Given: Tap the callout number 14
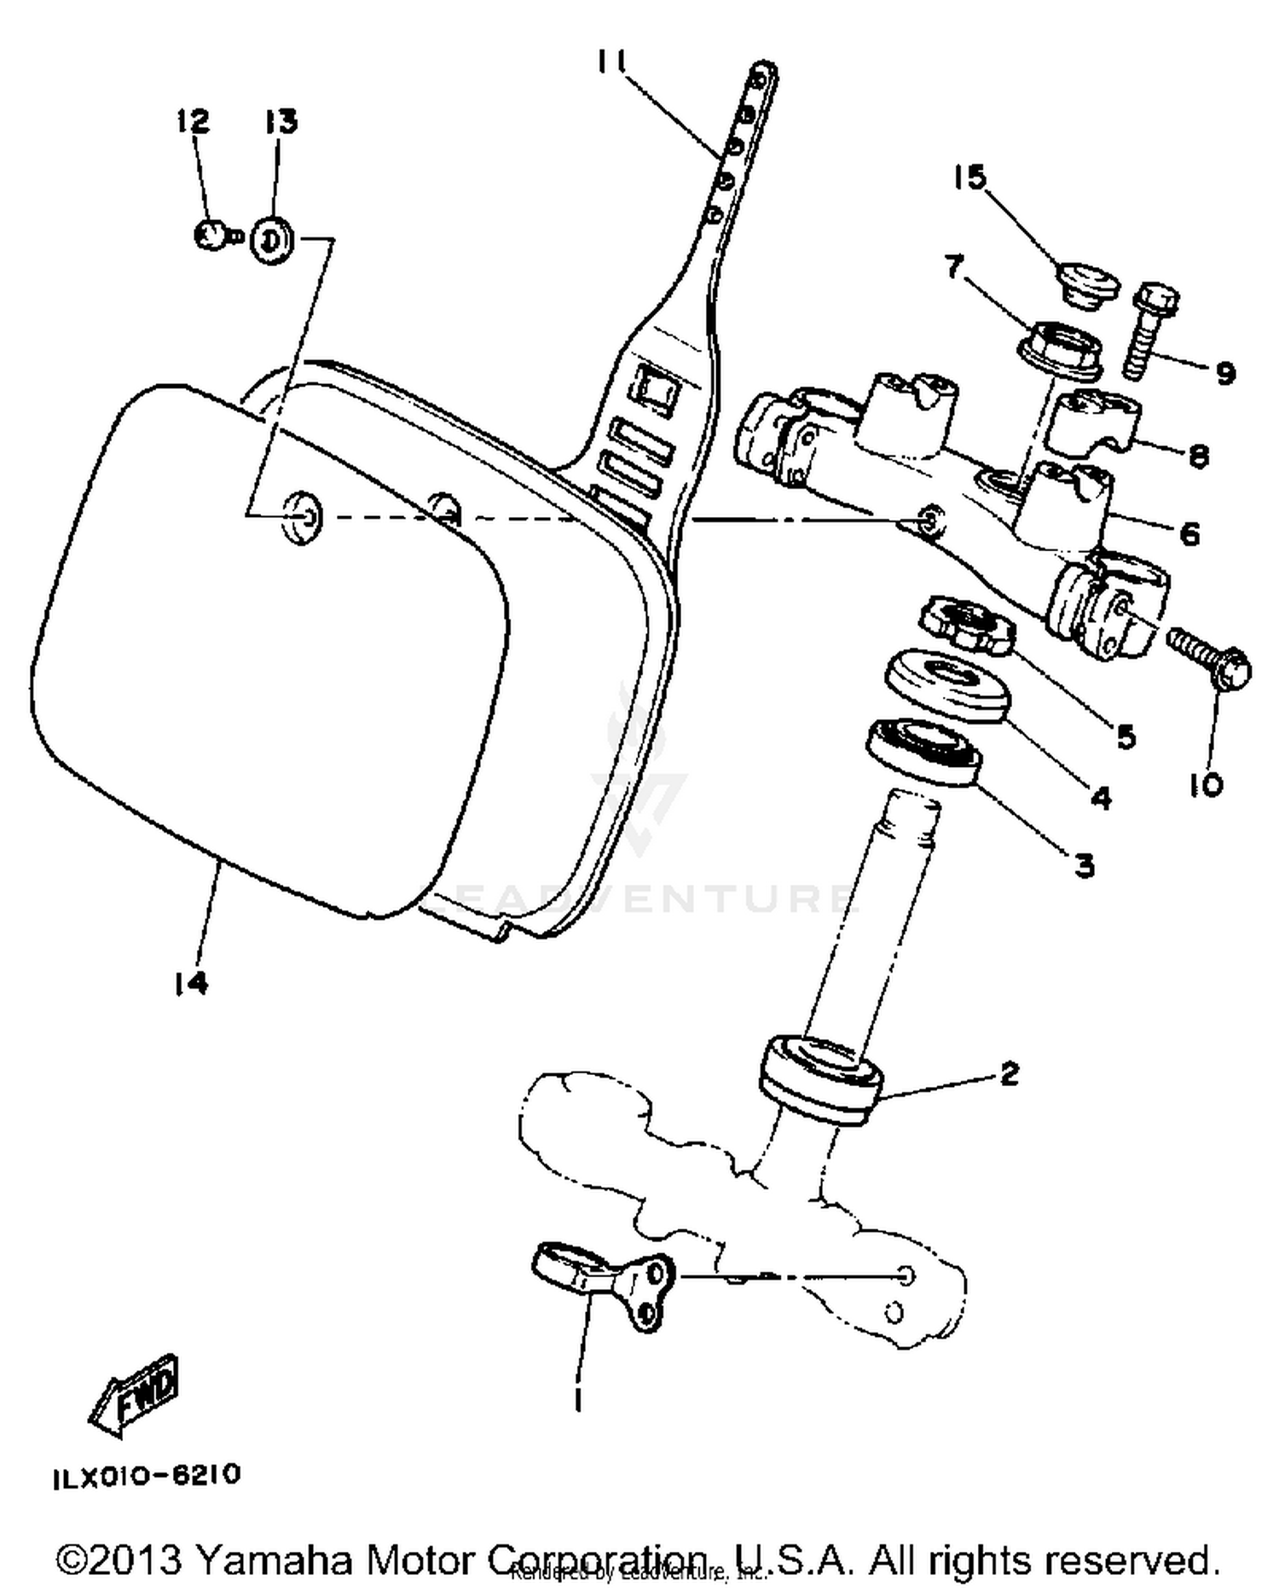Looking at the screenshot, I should click(190, 984).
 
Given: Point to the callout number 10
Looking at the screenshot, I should click(1206, 785).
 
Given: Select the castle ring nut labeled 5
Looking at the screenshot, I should click(968, 625).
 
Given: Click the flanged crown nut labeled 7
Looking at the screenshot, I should click(1060, 349).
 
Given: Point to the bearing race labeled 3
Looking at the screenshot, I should click(923, 750).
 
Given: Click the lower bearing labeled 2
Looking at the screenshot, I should click(819, 1079).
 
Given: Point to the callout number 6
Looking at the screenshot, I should click(1189, 534).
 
